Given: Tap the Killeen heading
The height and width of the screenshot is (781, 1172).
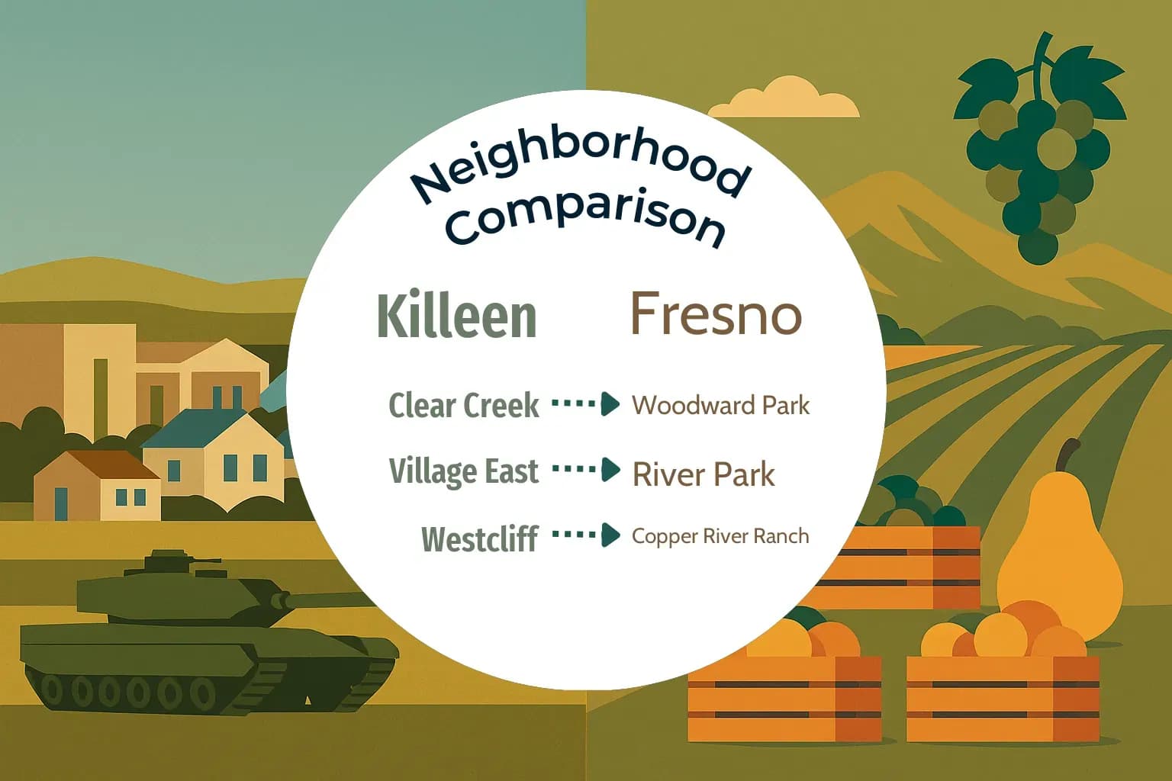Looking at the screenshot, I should (x=456, y=316).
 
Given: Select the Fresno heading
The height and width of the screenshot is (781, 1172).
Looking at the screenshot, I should (x=716, y=313).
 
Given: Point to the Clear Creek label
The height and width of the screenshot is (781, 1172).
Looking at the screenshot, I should (x=463, y=405).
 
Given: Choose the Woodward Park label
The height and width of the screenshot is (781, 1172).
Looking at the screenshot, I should (x=720, y=405).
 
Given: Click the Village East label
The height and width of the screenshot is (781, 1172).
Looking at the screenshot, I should (x=463, y=471).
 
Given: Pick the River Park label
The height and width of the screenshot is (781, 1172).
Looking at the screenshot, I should (x=704, y=474).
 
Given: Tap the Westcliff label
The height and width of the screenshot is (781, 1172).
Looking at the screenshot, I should (x=479, y=538).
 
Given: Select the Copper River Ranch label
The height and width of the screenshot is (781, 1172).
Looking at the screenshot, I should (x=720, y=536).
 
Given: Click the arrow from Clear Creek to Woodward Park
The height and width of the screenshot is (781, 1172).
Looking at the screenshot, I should (x=585, y=403).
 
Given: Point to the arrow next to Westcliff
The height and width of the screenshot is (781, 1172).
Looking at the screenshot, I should (x=585, y=535).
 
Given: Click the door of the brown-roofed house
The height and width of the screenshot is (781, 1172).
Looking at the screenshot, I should (x=62, y=503).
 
